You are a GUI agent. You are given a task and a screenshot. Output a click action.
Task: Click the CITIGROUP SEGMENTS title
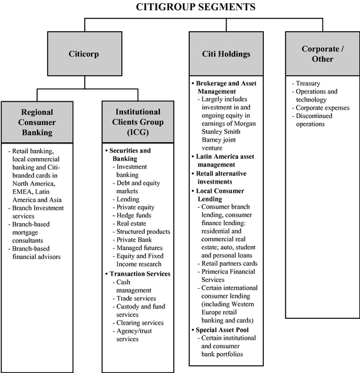[196, 6]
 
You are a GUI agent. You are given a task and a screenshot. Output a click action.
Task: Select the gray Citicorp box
[85, 54]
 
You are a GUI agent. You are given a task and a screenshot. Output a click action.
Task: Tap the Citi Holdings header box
[226, 54]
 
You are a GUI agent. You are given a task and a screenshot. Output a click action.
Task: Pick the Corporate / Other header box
[322, 54]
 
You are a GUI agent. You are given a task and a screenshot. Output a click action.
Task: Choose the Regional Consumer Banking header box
[37, 122]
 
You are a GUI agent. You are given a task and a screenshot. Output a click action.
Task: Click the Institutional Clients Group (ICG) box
[138, 122]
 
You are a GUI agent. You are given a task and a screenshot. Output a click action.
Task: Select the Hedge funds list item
[132, 216]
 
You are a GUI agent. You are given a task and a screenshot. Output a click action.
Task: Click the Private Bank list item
[132, 240]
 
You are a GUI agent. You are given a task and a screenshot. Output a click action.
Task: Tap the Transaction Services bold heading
[138, 274]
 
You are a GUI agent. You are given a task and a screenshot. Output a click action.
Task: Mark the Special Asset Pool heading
[220, 330]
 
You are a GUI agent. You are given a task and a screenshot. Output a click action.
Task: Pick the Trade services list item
[134, 298]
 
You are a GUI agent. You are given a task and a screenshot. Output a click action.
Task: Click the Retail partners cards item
[227, 263]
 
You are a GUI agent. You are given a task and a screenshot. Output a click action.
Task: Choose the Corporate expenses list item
[321, 108]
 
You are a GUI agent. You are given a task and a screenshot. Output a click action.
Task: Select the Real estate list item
[129, 223]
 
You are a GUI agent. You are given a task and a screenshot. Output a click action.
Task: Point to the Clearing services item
[138, 323]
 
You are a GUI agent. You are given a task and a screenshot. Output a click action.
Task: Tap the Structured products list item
[141, 231]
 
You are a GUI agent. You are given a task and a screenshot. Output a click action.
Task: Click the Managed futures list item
[138, 248]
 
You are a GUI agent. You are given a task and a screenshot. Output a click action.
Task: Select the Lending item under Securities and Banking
[126, 199]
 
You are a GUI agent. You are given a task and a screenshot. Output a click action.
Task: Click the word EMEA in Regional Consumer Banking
[24, 192]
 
